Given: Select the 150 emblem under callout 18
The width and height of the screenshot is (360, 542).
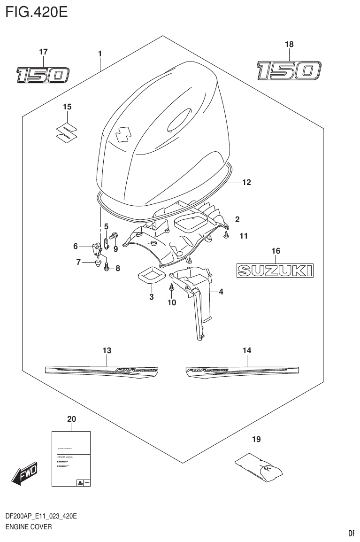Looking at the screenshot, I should pos(289,71).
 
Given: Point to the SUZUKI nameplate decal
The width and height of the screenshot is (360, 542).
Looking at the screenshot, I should pos(275,270).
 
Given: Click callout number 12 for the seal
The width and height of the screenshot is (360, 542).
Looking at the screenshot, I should pos(246,182).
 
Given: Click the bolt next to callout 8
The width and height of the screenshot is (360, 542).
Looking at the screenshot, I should pos(106,267).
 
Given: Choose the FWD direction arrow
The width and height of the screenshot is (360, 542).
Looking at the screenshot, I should pos(24,473).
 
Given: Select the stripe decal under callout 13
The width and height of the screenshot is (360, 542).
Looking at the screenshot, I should pos(101,370).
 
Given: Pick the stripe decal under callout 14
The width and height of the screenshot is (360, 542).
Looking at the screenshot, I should pos(239,370).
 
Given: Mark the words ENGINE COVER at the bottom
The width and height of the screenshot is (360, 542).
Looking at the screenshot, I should pos(28,527).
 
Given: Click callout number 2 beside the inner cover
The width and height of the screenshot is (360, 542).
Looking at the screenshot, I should pos(237,219).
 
